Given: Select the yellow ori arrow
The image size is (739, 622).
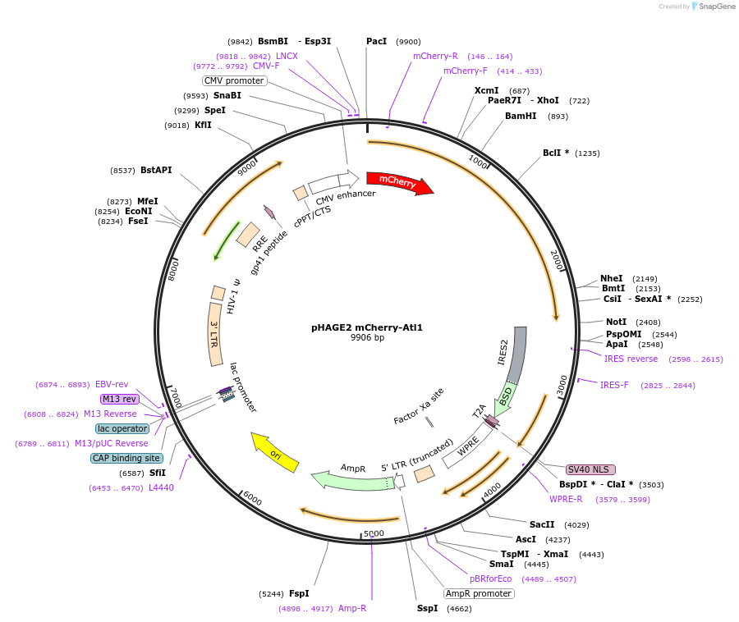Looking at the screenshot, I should tap(275, 452).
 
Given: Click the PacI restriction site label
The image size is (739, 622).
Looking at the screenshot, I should tap(377, 41).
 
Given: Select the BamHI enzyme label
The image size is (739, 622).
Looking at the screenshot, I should tap(521, 116).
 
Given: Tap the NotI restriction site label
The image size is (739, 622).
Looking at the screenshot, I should tap(616, 322).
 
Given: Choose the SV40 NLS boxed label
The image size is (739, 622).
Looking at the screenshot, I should tap(590, 469).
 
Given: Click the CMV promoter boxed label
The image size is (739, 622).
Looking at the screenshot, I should tap(234, 80).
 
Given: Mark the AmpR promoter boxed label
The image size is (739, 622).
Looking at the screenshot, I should tap(479, 593).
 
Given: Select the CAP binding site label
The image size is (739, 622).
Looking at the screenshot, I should tap(126, 458).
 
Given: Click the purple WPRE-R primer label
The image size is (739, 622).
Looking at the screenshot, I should tap(566, 499).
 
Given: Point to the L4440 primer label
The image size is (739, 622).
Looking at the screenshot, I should tap(161, 487).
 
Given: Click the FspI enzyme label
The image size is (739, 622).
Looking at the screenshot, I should tap(299, 593).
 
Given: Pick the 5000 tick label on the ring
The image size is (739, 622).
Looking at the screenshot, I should tap(374, 533).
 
